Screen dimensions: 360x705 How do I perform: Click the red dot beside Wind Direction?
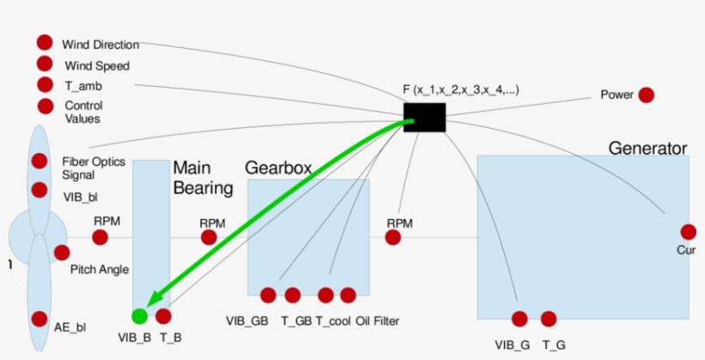[x=44, y=42]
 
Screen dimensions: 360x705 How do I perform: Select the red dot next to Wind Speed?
[x=44, y=64]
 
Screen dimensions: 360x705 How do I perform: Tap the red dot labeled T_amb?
[x=44, y=84]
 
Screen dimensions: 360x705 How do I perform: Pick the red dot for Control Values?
[x=45, y=107]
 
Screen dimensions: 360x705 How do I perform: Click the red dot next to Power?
[x=645, y=95]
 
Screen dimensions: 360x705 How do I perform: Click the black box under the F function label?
[x=424, y=118]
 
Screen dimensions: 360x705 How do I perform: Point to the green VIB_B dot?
[x=139, y=315]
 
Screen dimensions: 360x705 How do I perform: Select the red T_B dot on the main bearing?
[x=163, y=315]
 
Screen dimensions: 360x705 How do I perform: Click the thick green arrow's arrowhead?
[x=151, y=300]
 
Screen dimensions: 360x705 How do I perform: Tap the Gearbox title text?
[x=278, y=167]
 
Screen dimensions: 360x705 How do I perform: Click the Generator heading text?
[x=647, y=148]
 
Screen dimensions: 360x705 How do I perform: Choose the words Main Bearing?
[x=203, y=177]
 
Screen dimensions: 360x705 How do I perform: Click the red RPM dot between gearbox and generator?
[x=393, y=238]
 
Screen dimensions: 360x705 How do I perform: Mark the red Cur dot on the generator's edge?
[x=688, y=231]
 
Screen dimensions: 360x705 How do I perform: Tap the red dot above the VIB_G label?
[x=519, y=319]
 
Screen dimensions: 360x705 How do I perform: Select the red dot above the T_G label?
[x=548, y=319]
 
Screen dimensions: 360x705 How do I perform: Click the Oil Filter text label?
[x=377, y=321]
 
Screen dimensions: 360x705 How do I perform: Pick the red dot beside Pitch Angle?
[x=61, y=253]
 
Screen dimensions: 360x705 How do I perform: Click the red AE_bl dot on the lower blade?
[x=39, y=319]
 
